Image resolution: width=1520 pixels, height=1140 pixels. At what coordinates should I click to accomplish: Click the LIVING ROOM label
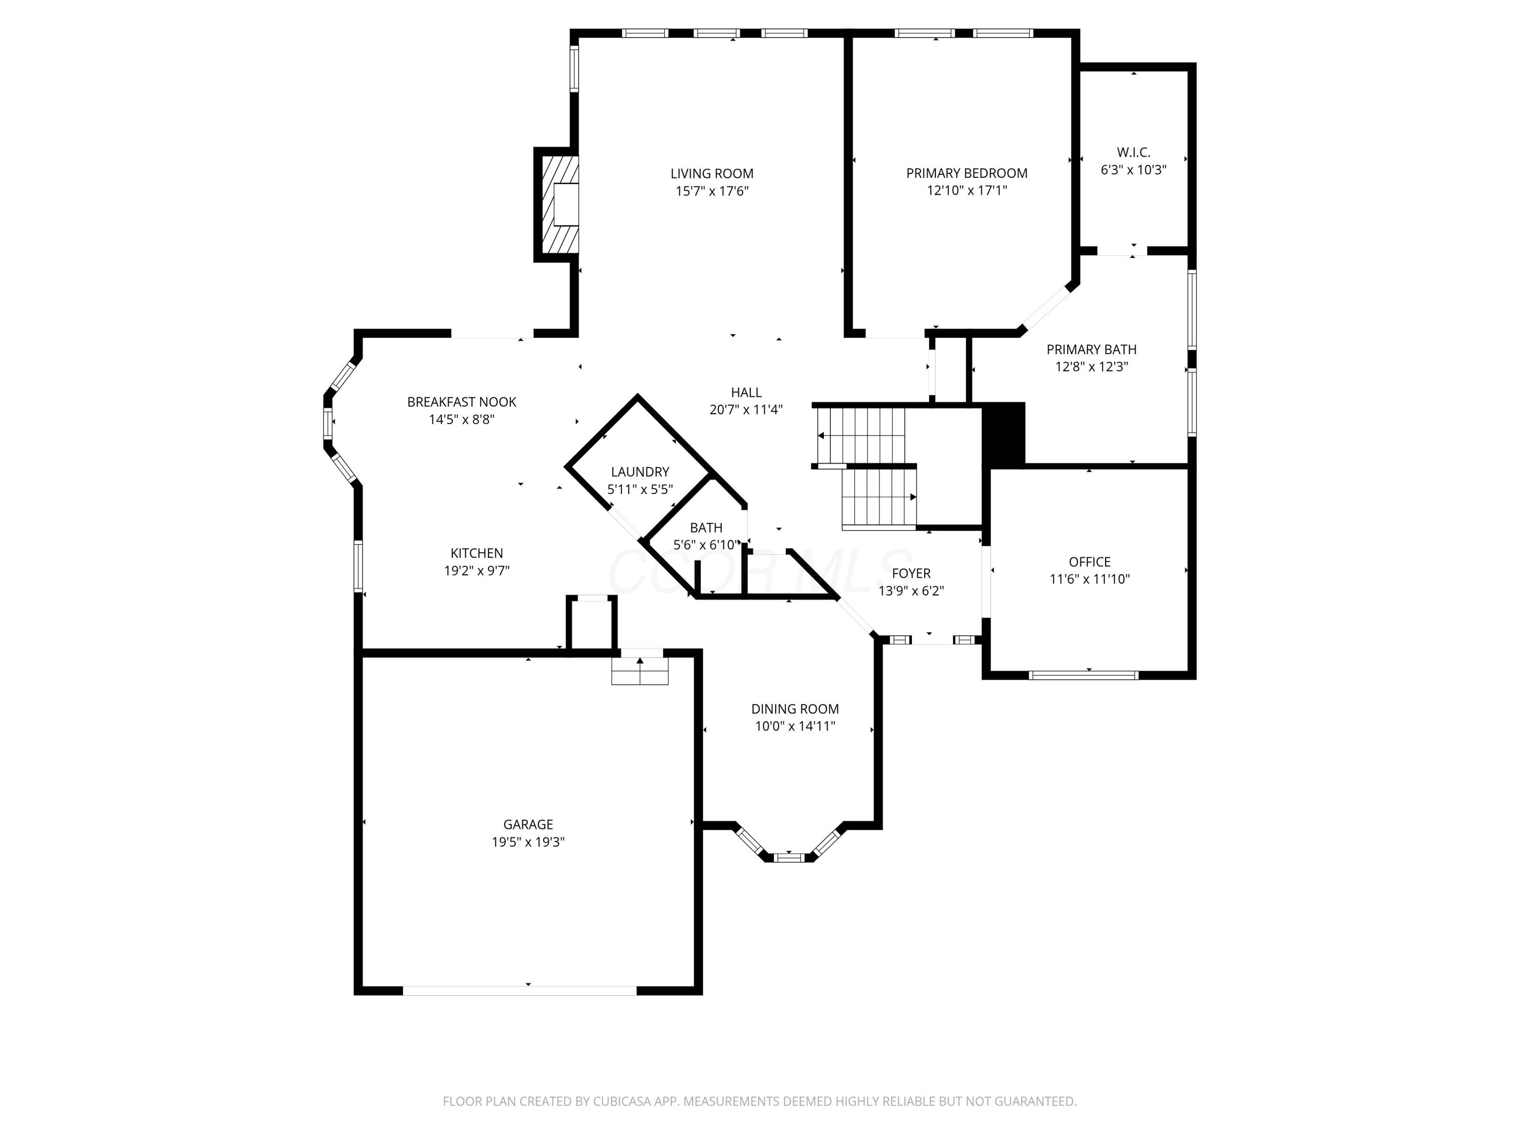tap(711, 174)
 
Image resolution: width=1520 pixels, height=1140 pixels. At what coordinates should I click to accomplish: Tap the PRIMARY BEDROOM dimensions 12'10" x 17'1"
tap(966, 191)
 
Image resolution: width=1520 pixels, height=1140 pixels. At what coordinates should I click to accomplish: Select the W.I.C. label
tap(1133, 152)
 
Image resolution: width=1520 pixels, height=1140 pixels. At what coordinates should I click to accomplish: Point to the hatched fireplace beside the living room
tap(559, 204)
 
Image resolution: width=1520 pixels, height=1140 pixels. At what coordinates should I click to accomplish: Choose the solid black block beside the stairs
tap(1003, 434)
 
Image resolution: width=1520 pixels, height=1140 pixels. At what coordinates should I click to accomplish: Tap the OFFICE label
tap(1089, 561)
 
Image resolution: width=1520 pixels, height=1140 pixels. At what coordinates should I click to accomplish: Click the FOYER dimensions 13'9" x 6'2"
tap(910, 591)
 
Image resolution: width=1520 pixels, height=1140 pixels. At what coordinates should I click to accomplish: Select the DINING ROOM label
tap(794, 708)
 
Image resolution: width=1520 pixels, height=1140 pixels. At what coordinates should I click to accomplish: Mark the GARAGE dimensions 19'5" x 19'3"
tap(528, 842)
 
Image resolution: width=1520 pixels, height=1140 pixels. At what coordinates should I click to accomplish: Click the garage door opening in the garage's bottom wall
tap(519, 990)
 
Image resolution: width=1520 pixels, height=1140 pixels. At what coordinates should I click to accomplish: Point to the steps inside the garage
tap(640, 671)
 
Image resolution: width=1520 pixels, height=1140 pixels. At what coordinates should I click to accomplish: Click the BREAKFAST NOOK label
tap(461, 402)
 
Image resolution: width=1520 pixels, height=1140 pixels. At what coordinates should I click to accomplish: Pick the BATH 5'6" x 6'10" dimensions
tap(706, 545)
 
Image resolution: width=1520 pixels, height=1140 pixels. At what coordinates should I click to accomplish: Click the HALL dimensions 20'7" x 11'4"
tap(746, 409)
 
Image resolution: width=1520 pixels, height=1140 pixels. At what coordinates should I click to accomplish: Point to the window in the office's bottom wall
tap(1084, 675)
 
